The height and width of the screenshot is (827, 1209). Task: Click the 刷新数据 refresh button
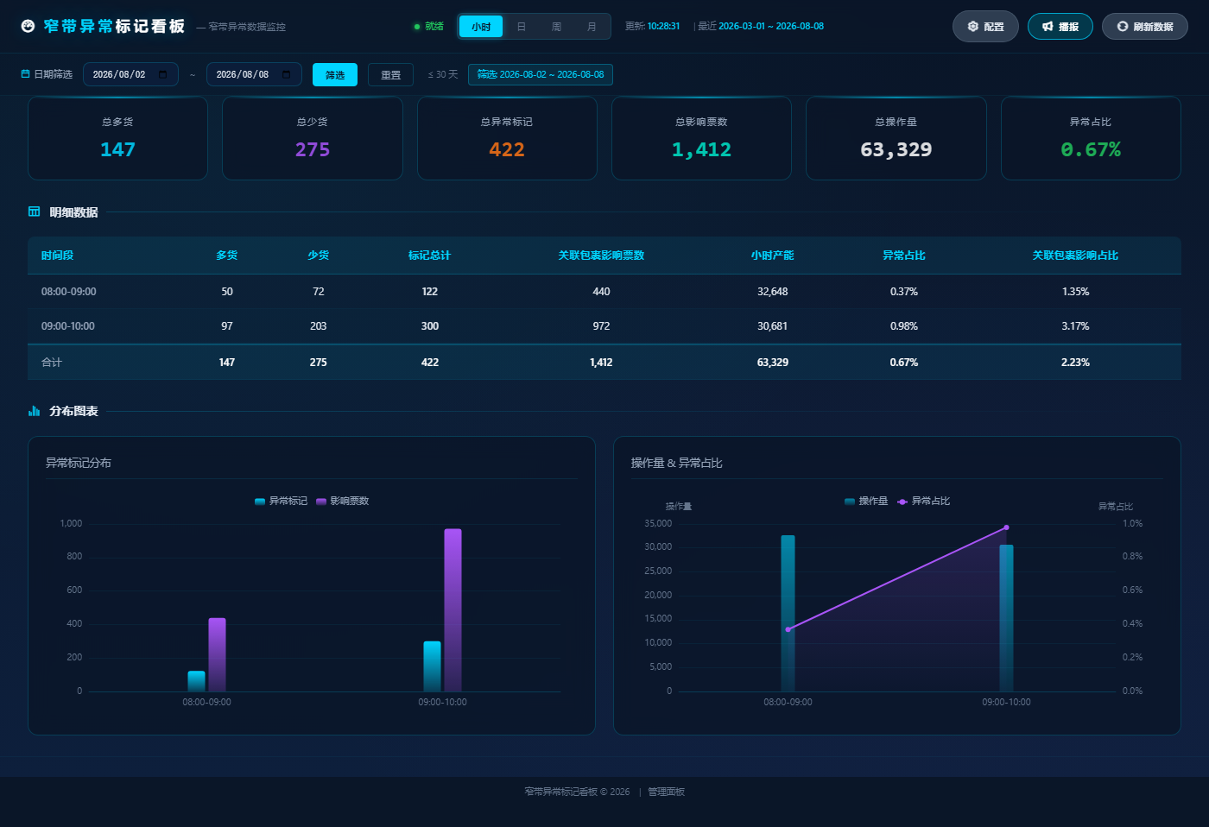1144,27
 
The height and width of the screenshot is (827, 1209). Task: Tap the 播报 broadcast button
1060,27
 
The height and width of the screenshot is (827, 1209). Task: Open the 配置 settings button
985,27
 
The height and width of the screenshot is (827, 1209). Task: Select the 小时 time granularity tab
481,27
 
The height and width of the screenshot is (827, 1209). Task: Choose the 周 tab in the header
556,27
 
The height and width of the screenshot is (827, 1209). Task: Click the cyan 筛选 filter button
335,74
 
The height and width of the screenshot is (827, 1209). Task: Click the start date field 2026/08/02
130,74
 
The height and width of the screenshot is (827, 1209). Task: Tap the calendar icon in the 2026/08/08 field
287,74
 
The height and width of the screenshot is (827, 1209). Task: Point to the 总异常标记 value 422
507,149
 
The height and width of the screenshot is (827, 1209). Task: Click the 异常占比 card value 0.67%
1091,149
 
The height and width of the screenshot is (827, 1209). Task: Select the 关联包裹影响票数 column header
601,256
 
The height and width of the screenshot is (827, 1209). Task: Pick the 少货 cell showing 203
319,325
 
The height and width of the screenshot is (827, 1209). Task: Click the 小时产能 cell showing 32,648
772,291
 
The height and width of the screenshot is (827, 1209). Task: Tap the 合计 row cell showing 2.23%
1075,362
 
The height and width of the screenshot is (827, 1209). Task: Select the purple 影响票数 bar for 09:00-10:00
453,609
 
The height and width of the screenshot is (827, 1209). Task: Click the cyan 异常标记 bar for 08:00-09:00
197,681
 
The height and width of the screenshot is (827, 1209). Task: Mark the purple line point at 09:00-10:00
1006,527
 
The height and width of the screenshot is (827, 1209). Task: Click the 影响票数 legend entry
343,501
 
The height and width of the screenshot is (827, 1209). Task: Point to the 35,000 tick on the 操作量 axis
658,523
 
